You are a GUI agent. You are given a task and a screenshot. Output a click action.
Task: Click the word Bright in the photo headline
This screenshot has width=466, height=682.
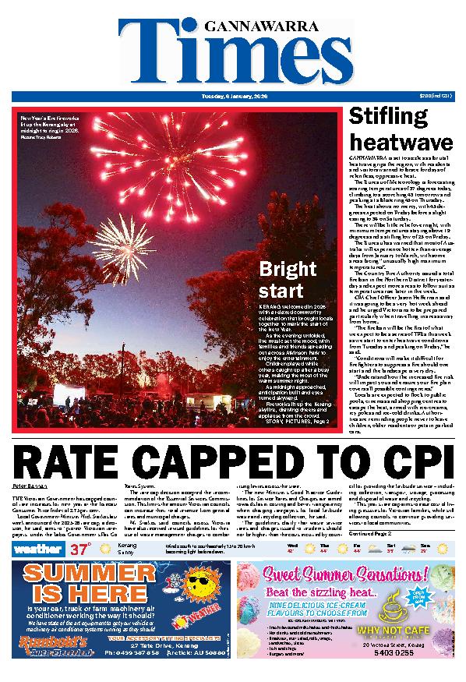point(286,270)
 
